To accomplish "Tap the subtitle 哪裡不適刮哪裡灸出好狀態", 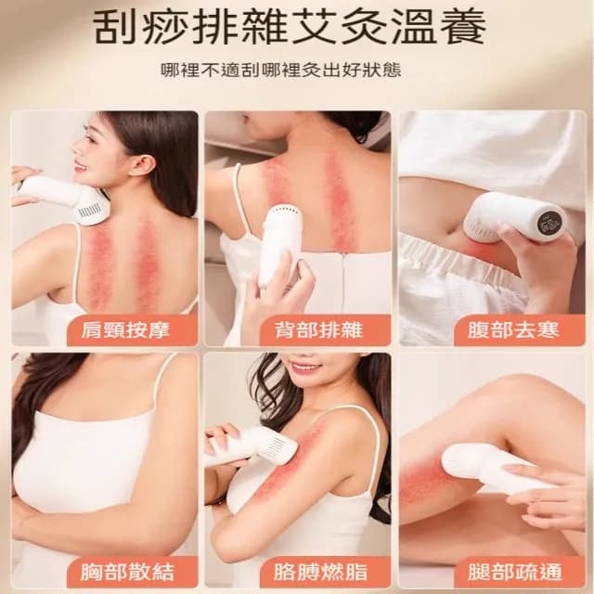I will coord(297,71).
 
